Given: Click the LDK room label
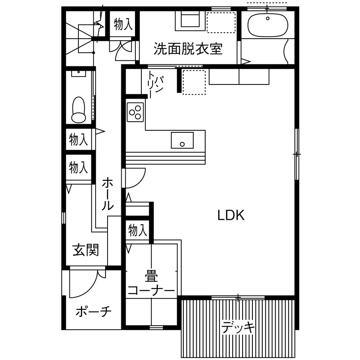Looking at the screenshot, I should (231, 215).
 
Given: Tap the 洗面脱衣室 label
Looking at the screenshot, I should (188, 49).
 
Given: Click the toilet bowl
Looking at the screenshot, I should (78, 109).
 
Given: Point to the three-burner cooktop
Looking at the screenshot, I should (135, 112).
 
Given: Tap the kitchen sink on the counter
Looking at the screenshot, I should (182, 140).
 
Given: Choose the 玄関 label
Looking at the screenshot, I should (85, 249).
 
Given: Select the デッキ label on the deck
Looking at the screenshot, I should (238, 327).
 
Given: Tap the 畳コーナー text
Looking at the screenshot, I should (151, 283).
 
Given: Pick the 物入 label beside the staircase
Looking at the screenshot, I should (123, 25).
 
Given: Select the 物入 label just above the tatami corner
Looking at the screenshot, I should (138, 231).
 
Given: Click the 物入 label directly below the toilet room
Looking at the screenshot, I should (78, 139).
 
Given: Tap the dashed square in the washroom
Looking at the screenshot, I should (221, 22).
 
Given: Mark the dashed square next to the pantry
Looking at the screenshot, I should (195, 81).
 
